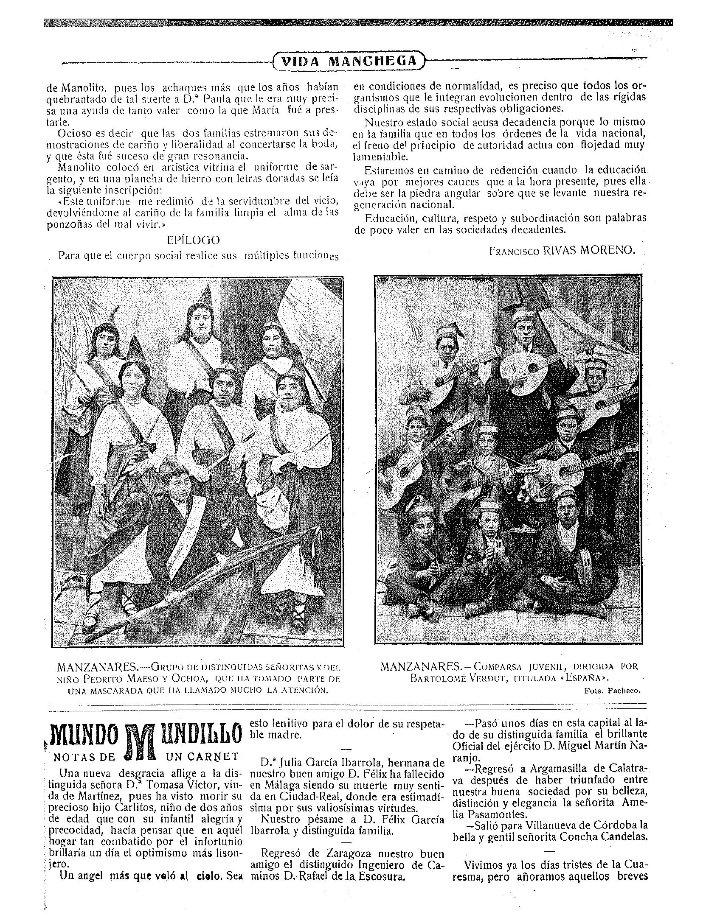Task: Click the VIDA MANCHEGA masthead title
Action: [349, 61]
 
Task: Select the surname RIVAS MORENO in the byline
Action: [589, 250]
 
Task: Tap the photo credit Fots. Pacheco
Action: [612, 690]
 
